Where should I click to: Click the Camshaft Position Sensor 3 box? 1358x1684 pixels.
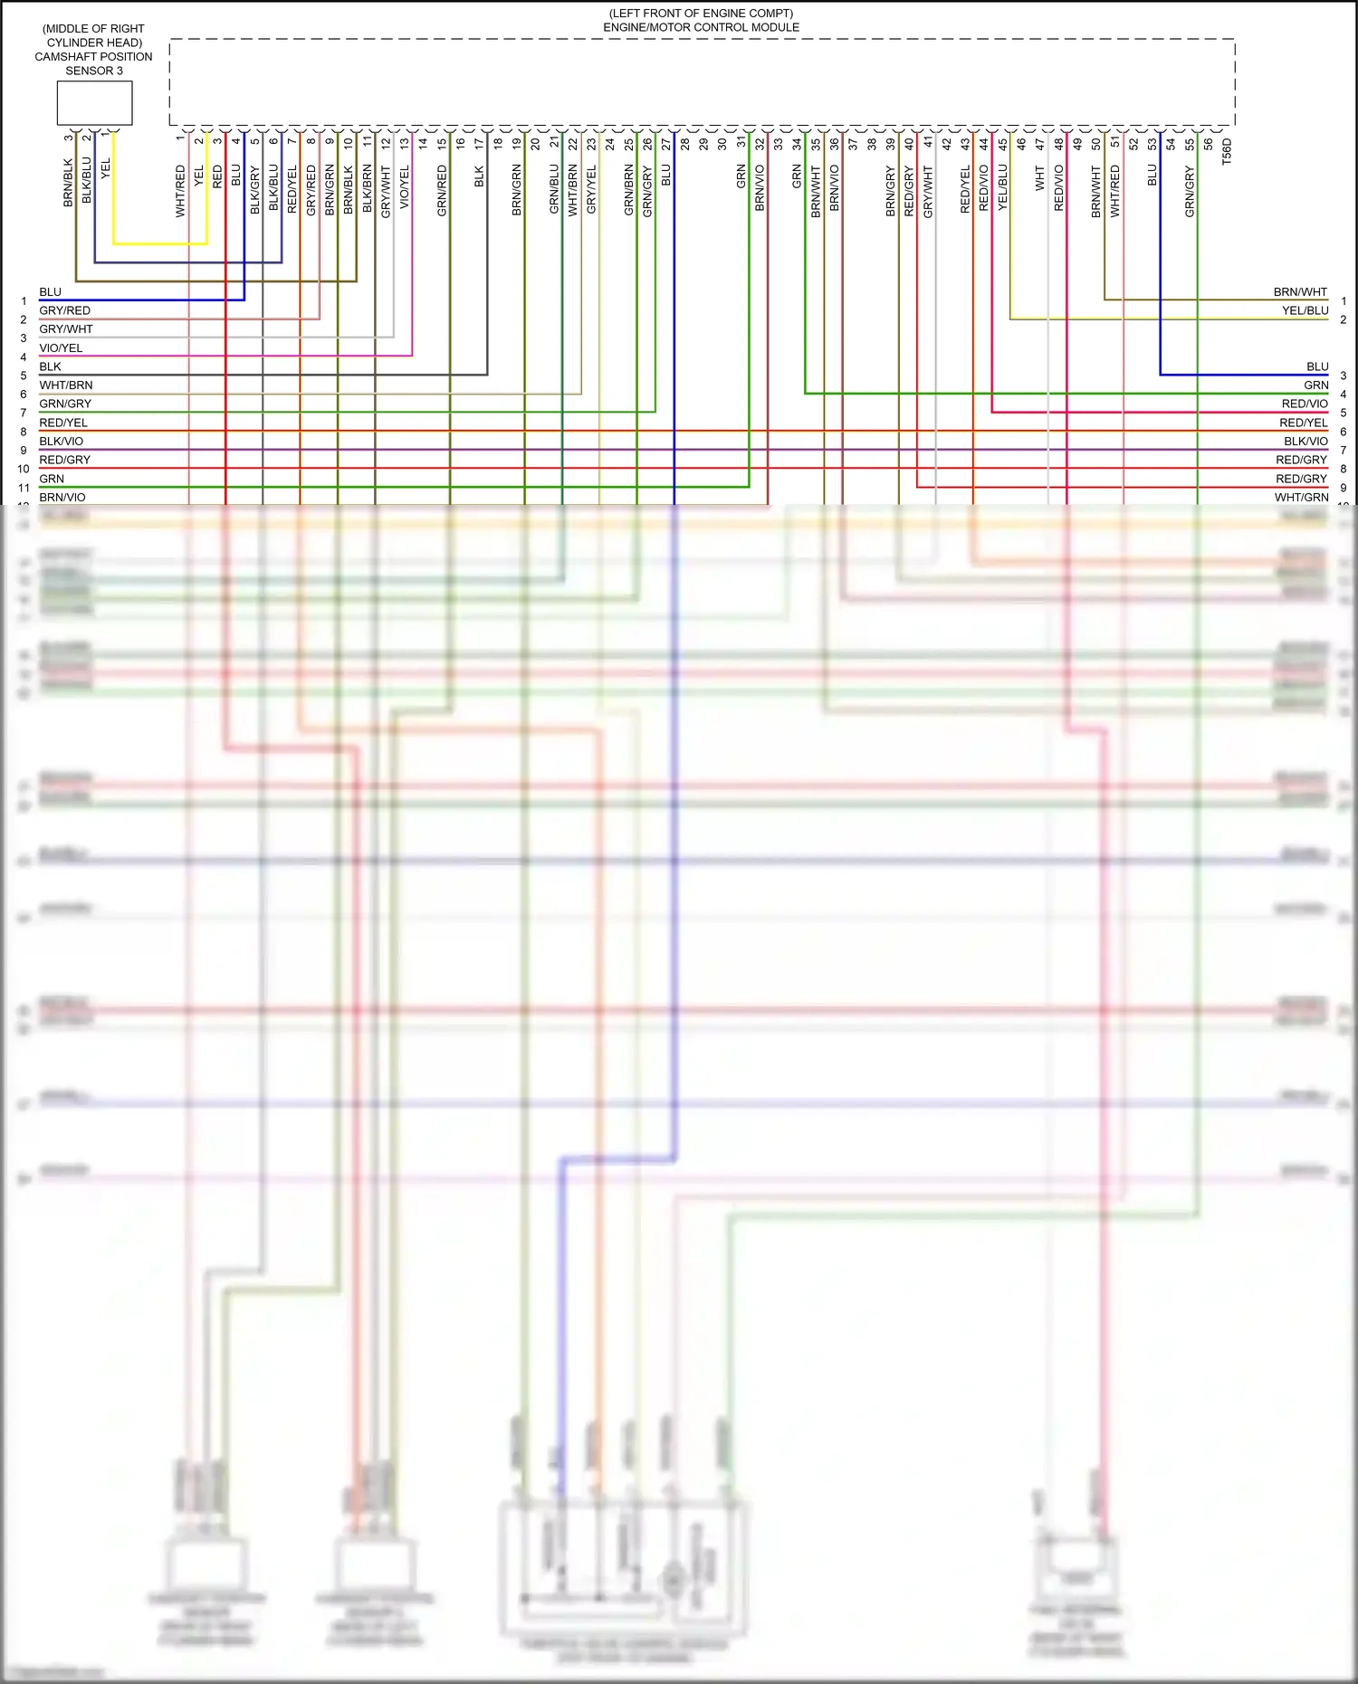[94, 103]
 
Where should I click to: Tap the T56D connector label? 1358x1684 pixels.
[1227, 150]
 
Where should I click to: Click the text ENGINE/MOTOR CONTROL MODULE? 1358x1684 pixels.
[701, 27]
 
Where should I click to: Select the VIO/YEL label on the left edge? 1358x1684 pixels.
[61, 348]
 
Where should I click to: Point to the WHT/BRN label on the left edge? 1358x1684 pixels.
[65, 385]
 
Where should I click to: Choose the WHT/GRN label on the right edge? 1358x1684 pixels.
[1301, 498]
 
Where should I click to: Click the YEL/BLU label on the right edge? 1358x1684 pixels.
[1305, 310]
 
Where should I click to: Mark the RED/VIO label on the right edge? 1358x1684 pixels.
[1304, 404]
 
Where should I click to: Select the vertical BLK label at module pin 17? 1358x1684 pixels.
[479, 176]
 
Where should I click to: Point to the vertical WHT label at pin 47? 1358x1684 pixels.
[1040, 177]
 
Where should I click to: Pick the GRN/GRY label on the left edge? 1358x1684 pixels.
[65, 404]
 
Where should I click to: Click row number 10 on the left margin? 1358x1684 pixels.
[24, 469]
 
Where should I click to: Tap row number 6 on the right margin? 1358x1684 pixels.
[1344, 432]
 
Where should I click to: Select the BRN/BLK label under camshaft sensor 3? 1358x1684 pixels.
[68, 183]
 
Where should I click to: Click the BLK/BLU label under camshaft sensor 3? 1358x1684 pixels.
[87, 180]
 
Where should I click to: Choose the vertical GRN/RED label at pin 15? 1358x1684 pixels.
[442, 190]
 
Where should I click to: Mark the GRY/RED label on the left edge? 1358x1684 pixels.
[64, 311]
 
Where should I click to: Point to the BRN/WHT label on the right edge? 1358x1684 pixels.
[1300, 292]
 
